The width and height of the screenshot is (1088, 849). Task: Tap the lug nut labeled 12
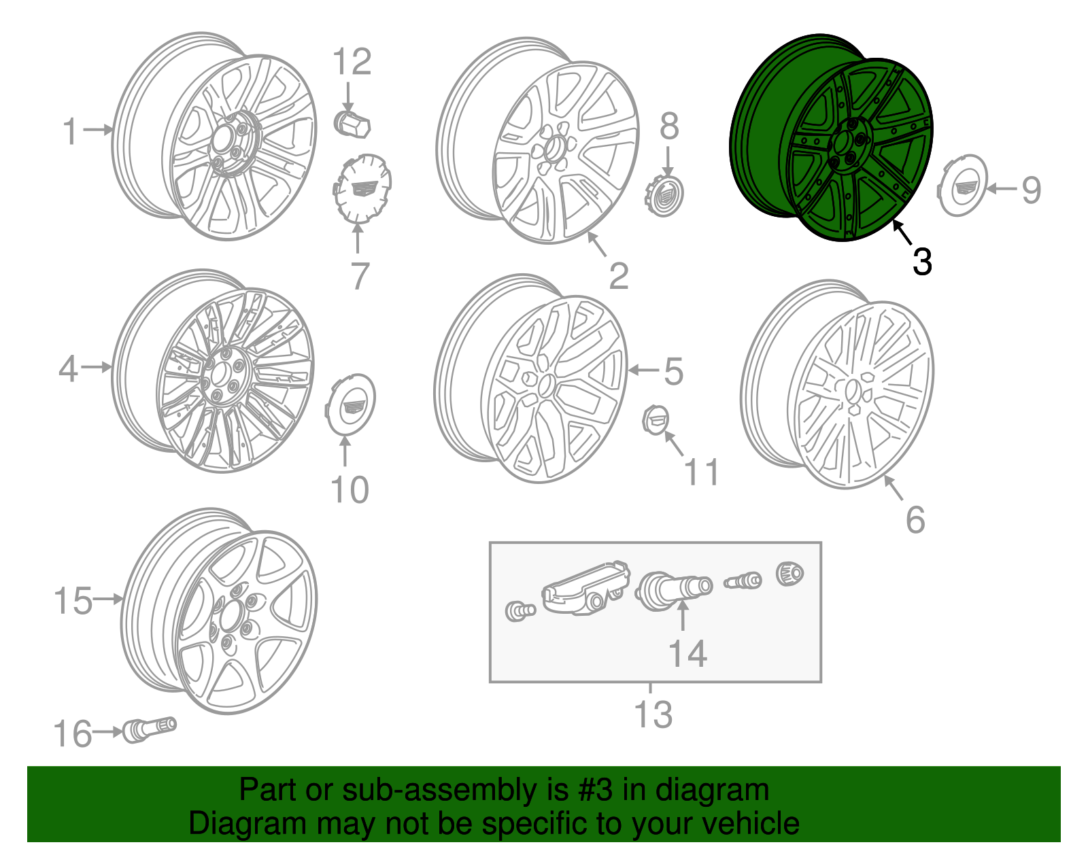[352, 123]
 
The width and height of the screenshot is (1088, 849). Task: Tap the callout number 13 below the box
[653, 714]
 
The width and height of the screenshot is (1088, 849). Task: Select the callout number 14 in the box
[687, 653]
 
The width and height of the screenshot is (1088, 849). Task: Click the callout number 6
[915, 520]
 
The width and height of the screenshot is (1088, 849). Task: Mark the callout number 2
[618, 276]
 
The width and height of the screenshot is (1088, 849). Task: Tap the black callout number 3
[921, 261]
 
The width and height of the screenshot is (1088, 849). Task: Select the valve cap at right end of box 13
[789, 574]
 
